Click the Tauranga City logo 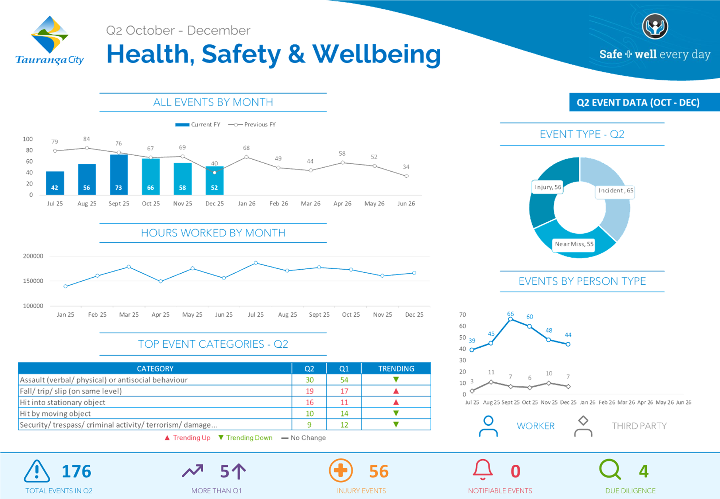point(50,40)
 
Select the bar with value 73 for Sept point(119,175)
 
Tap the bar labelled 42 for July point(55,183)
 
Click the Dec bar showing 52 point(214,182)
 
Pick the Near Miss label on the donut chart point(574,244)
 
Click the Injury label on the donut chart point(547,187)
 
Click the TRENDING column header point(396,368)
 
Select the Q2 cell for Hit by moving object point(309,413)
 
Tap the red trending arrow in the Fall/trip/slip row point(396,391)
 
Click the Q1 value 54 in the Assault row point(344,380)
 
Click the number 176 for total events point(76,472)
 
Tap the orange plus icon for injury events point(341,470)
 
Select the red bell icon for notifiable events point(483,470)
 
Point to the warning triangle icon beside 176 point(37,471)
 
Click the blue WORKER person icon point(488,426)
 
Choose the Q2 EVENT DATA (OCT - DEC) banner point(638,103)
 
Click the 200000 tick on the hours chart point(33,256)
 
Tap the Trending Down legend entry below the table point(245,438)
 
